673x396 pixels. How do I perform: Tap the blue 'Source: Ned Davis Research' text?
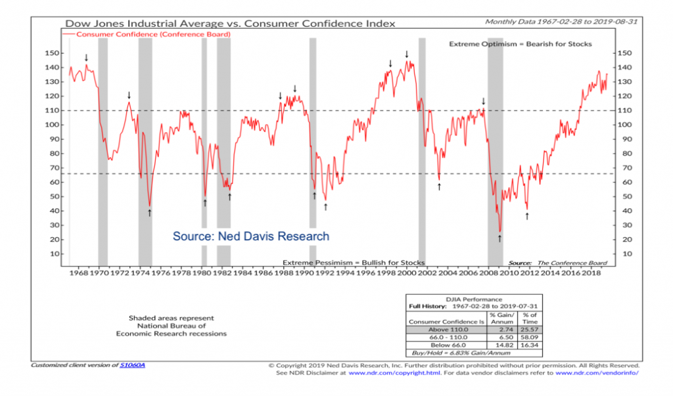click(x=250, y=236)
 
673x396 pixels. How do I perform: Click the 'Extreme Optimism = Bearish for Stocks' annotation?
click(x=520, y=44)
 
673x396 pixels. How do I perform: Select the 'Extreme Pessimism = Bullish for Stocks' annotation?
click(x=354, y=262)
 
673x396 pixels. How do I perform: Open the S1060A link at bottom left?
click(x=132, y=365)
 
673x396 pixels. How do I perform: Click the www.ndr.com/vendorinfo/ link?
click(x=597, y=372)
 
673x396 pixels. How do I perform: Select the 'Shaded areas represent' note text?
click(x=171, y=318)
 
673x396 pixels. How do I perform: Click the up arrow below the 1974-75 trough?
click(x=150, y=212)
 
